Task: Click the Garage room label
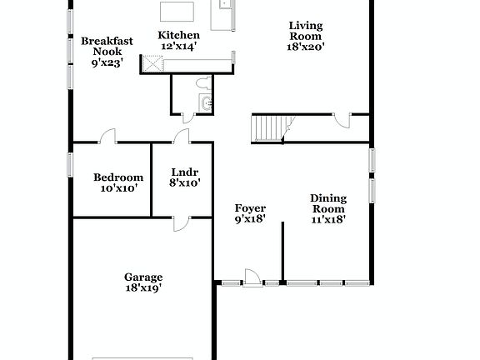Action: (143, 277)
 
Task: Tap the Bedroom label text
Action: (118, 177)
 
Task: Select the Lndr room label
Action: (184, 172)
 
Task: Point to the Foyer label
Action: (250, 208)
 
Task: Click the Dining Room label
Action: (327, 203)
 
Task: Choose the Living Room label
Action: (306, 30)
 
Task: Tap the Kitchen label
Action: (179, 35)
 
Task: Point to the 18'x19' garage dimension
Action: (143, 288)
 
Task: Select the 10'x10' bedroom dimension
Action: (118, 188)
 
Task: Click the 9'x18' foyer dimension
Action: (250, 220)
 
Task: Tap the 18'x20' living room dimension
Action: (306, 47)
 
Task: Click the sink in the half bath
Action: (206, 103)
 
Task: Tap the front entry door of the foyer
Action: (250, 277)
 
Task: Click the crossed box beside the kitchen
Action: (152, 63)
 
